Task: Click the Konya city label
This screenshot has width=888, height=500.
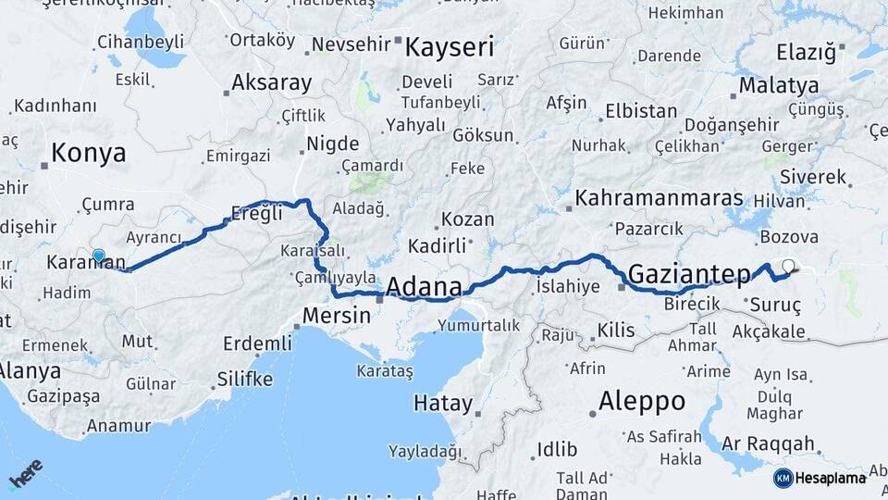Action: point(89,153)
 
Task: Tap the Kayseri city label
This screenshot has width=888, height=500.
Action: point(450,47)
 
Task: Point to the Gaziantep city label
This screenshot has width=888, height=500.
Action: point(689,273)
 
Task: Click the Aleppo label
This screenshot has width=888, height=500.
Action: point(642,401)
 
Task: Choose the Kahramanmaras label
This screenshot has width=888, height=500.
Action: point(659,198)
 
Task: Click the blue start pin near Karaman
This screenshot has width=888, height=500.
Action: point(99,256)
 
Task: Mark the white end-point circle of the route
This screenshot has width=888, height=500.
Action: point(788,267)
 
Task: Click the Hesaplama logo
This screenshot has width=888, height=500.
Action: point(820,478)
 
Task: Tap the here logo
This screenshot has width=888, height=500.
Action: point(25,475)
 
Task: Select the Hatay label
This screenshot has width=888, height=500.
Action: point(442,404)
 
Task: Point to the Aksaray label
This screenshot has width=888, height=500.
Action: point(271,82)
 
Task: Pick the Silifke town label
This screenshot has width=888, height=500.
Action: point(244,379)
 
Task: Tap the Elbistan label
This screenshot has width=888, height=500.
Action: point(641,111)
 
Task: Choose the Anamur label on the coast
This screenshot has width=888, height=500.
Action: point(117,427)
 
